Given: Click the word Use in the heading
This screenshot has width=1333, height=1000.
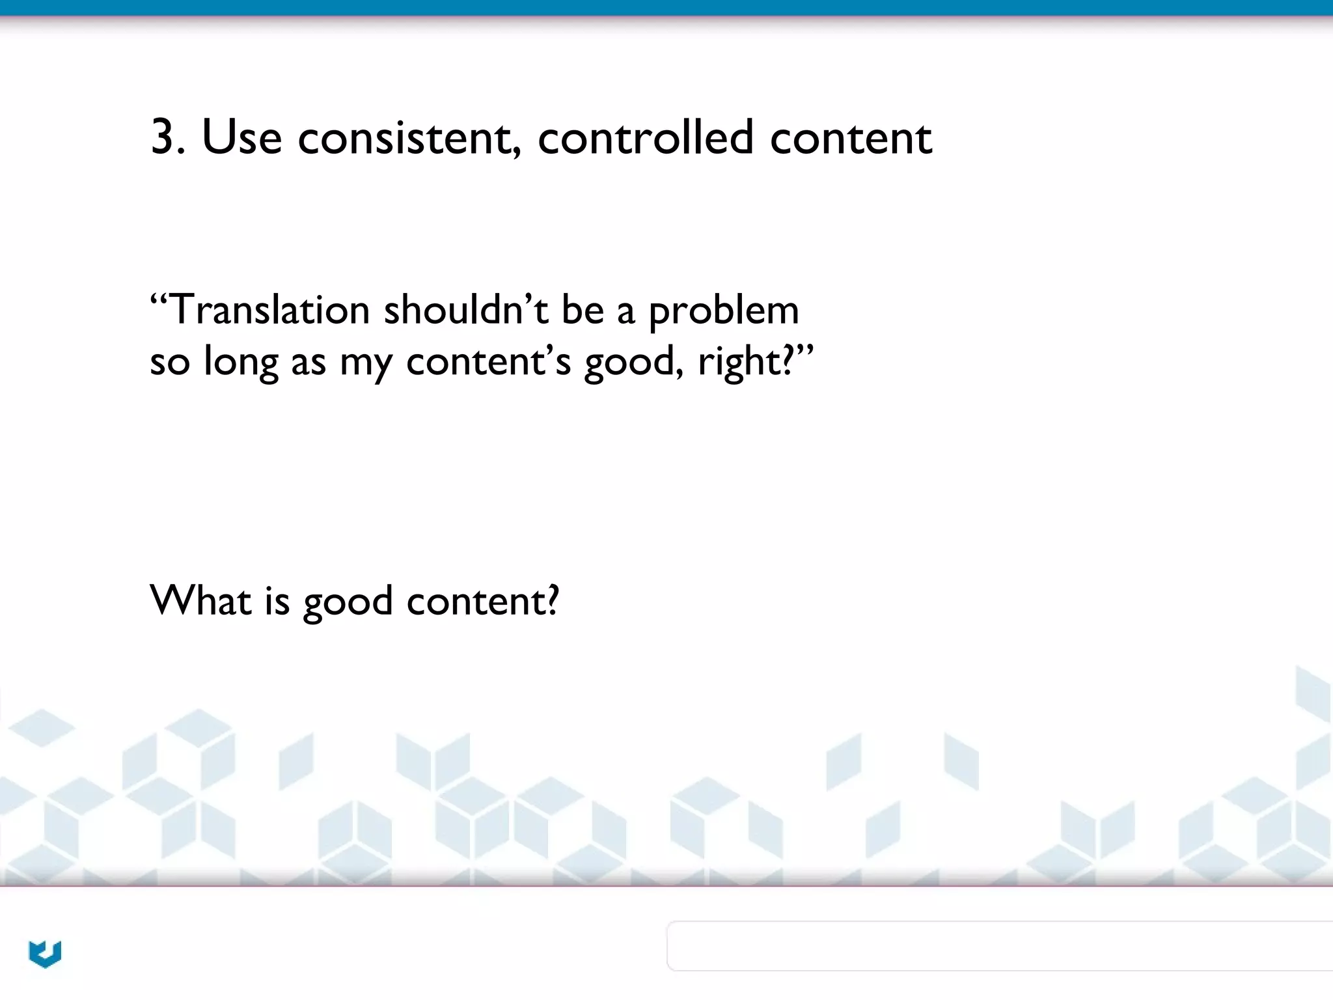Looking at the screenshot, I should pos(241,137).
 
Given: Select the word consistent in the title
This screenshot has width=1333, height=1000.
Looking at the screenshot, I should pos(409,137).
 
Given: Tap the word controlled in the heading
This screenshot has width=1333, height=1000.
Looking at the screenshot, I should pos(645,137).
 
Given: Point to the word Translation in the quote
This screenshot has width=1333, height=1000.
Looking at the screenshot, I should pos(269,310).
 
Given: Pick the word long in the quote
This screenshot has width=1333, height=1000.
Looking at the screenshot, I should pos(240,362).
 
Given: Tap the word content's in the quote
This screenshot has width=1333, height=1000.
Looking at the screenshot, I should pos(488,361).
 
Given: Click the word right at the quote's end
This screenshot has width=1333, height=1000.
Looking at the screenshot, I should pos(742,362).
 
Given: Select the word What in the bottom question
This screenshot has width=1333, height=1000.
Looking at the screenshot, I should pos(200,600).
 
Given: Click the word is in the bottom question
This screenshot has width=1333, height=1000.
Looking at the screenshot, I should pos(277,600).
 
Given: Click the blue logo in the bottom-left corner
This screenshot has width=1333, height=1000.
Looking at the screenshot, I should pos(45,954).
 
